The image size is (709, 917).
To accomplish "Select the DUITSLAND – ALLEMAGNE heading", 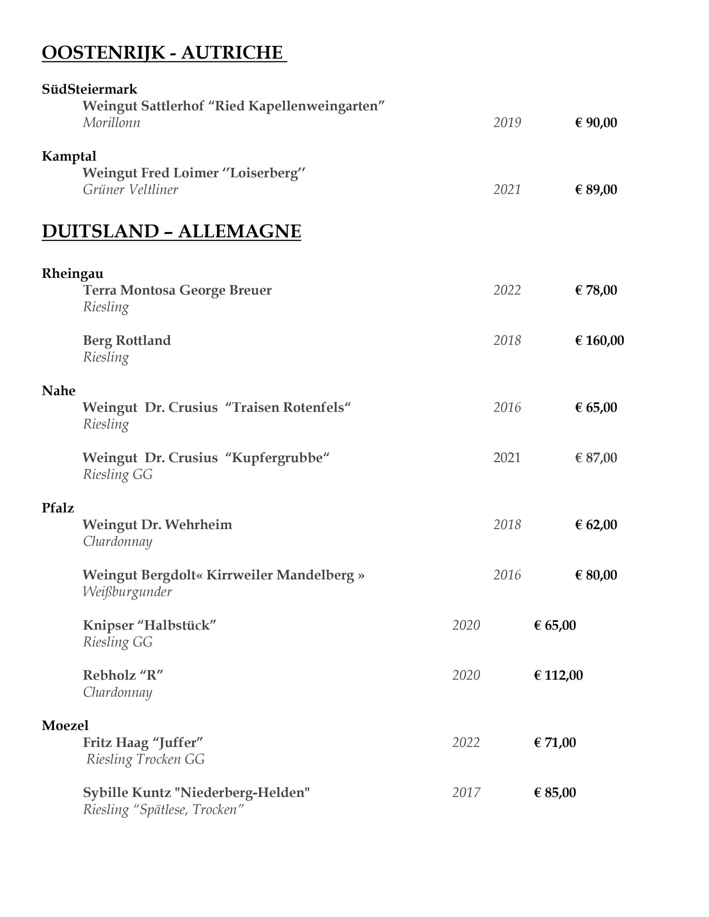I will [171, 231].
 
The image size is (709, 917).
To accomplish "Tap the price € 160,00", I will [599, 340].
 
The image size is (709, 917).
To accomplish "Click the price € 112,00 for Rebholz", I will [558, 675].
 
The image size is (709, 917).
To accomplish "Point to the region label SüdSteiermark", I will [89, 89].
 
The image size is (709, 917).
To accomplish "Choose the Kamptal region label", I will [69, 156].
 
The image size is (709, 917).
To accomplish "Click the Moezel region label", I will [65, 725].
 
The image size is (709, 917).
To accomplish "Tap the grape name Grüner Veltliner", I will [130, 190].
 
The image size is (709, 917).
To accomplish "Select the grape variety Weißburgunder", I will [127, 592].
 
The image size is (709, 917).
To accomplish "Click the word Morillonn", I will [111, 123].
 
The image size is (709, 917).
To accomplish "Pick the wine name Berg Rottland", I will [127, 340].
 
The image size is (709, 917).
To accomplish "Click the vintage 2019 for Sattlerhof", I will [507, 123].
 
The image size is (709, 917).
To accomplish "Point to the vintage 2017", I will [466, 793].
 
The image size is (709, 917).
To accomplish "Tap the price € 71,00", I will [554, 743].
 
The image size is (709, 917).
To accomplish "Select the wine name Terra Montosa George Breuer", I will [177, 290].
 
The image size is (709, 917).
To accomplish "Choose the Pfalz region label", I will [58, 508].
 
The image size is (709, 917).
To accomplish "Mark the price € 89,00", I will [596, 190].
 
